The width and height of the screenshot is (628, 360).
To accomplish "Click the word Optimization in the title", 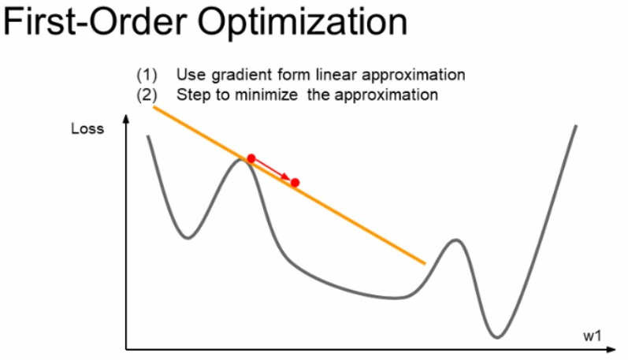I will (x=303, y=24).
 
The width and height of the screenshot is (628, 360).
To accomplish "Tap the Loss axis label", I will (x=87, y=128).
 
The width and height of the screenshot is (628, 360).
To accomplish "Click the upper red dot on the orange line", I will (x=251, y=158).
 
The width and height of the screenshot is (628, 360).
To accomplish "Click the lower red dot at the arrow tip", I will (x=295, y=183).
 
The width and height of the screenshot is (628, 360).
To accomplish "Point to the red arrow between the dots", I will (x=273, y=170).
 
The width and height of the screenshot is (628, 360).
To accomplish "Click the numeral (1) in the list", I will (x=147, y=76).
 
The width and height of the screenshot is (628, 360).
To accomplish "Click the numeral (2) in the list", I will (x=147, y=95).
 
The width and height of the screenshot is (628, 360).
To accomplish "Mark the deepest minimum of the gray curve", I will (x=496, y=336).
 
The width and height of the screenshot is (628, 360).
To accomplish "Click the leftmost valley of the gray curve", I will (x=188, y=236).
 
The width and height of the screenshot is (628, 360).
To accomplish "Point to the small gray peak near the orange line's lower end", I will (x=454, y=239).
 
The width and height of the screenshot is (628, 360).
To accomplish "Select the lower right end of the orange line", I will (x=425, y=263).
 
